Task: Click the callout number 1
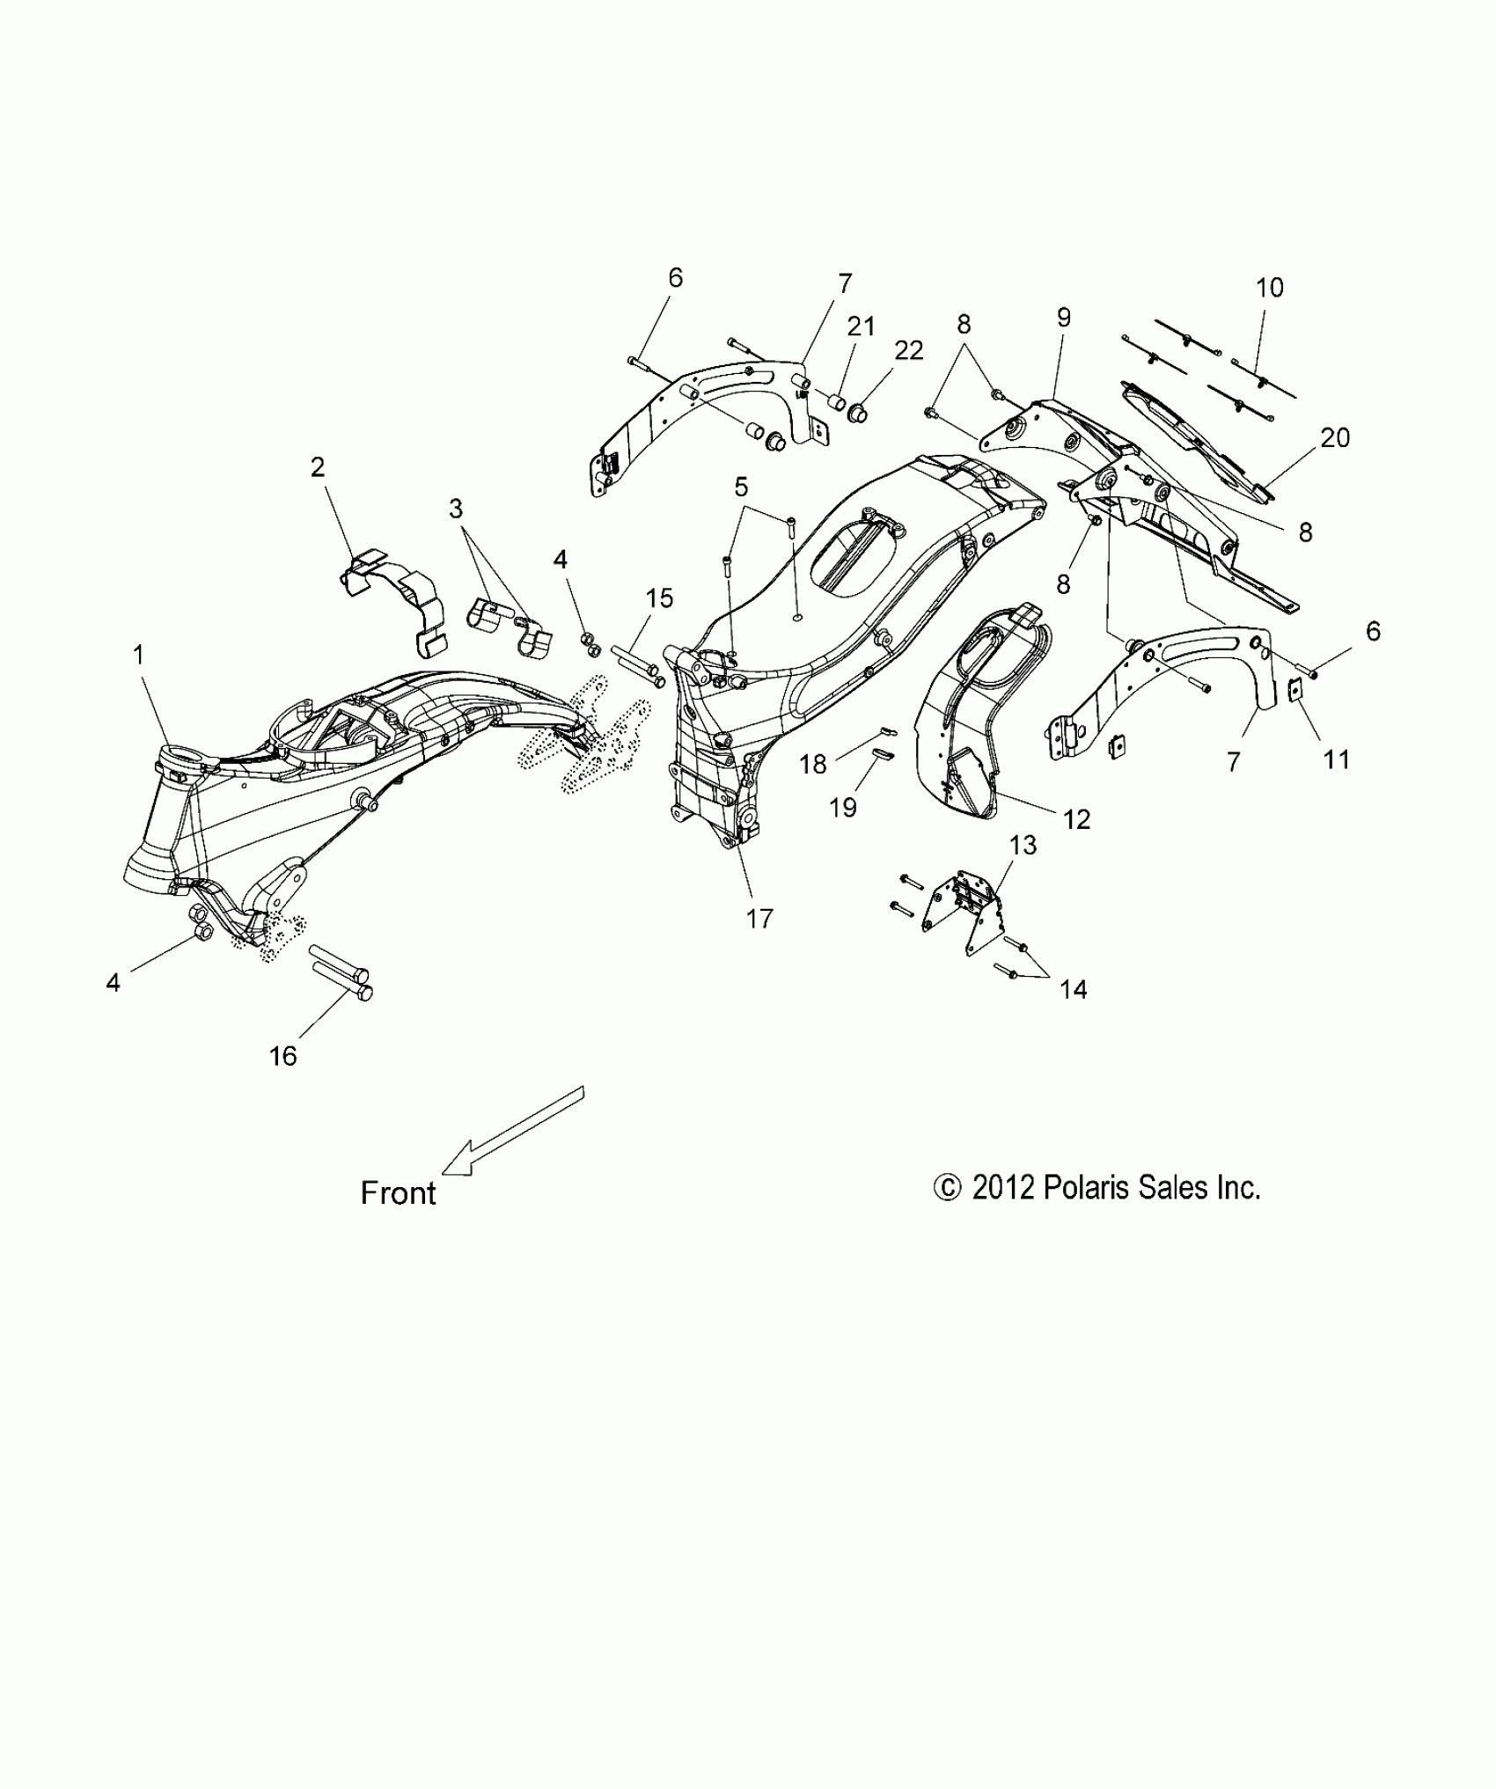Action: tap(138, 655)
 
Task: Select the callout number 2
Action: tap(318, 466)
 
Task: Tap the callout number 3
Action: tap(456, 509)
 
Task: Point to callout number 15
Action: tap(659, 598)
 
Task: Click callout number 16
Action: tap(283, 1055)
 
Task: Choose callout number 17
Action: tap(759, 918)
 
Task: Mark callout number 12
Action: tap(1077, 819)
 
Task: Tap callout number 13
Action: tap(1023, 845)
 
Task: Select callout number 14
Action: tap(1074, 989)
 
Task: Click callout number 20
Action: tap(1336, 437)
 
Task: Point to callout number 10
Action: tap(1270, 287)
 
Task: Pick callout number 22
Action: tap(909, 350)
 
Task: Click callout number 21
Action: tap(862, 326)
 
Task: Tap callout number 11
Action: tap(1337, 759)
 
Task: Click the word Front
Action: tap(399, 1193)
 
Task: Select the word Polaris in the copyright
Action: tap(1087, 1188)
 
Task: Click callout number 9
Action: tap(1064, 318)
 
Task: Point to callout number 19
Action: tap(843, 806)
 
